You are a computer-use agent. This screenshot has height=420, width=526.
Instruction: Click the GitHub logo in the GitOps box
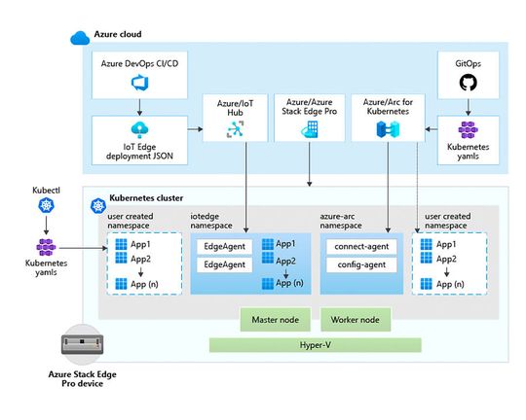click(469, 84)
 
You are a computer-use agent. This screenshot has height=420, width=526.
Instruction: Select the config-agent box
click(359, 264)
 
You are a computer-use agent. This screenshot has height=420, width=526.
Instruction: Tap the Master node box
click(276, 319)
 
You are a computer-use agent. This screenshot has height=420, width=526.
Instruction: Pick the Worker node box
click(355, 319)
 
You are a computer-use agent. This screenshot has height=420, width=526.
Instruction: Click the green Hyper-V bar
click(316, 344)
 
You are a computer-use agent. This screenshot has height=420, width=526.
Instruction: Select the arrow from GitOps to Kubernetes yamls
click(469, 109)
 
